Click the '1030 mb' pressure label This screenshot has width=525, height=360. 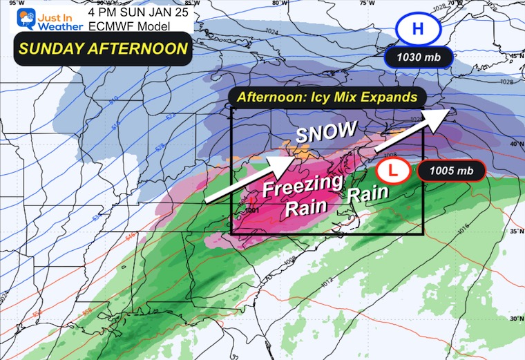point(419,57)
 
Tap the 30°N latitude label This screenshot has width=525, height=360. point(515,319)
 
